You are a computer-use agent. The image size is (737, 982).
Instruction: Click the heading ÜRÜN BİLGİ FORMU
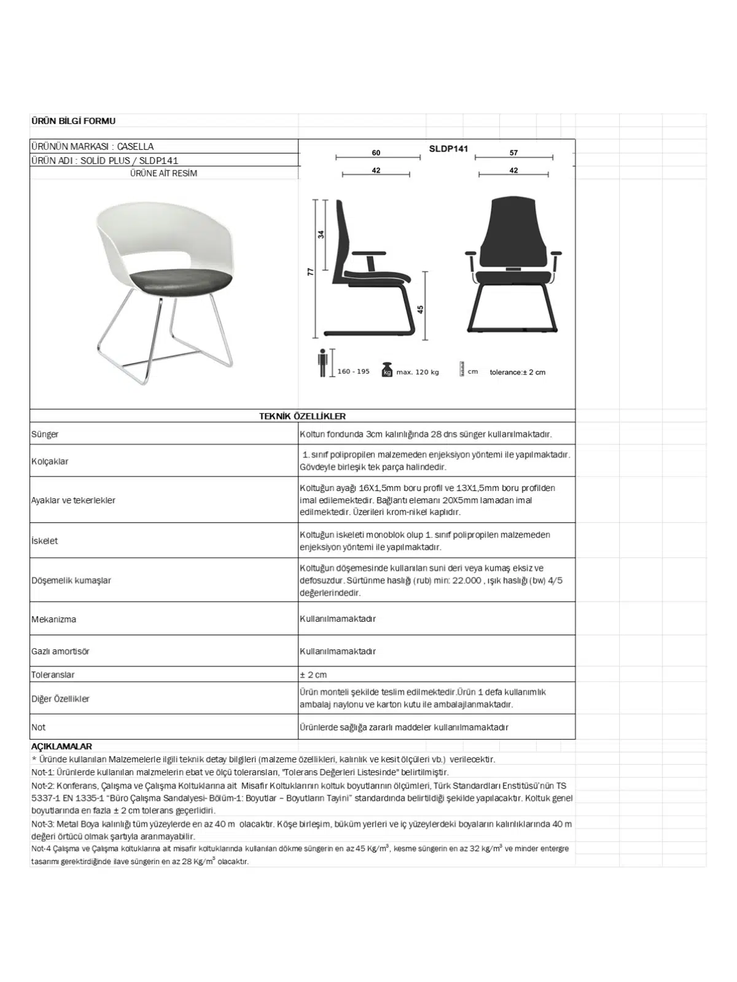[73, 121]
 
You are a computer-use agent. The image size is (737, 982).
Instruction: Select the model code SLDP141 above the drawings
[448, 149]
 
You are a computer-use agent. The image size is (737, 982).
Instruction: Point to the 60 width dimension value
[376, 153]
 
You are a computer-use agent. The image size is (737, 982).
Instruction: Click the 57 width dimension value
[513, 153]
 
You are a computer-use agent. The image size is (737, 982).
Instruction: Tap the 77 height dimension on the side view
[311, 271]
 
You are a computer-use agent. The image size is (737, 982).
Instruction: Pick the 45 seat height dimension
[421, 309]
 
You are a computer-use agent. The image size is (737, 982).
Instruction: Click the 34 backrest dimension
[321, 234]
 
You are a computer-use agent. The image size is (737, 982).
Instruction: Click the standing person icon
[323, 363]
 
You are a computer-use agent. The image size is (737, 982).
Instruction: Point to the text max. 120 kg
[418, 372]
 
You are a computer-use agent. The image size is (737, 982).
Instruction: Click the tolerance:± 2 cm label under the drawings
[517, 372]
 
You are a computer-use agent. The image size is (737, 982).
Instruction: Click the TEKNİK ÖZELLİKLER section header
[302, 416]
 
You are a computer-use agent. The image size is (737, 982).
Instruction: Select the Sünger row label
[45, 434]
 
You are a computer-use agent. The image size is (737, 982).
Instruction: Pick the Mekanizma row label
[54, 619]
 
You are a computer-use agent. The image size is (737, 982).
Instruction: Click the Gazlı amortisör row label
[60, 651]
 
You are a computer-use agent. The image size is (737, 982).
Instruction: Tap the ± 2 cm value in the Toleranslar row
[313, 675]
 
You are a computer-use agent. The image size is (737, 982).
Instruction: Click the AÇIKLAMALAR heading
[61, 746]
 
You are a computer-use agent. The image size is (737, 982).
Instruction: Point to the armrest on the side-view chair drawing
[369, 253]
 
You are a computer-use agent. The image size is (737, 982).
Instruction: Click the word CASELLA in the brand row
[135, 147]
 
